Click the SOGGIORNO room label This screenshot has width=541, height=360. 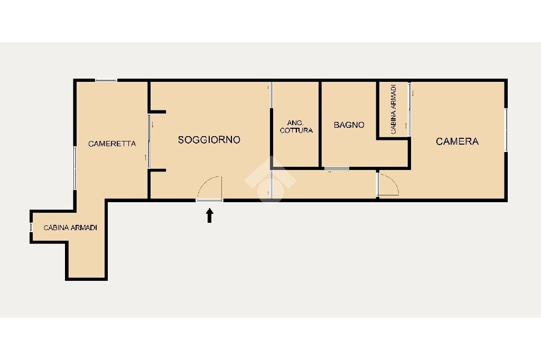(209, 140)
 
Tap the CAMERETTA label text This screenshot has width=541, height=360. (112, 144)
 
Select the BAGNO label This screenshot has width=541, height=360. (349, 125)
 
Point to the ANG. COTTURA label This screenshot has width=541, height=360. (296, 127)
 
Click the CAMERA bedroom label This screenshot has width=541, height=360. (457, 141)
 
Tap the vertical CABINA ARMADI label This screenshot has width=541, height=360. (394, 109)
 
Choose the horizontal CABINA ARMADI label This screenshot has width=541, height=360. (70, 228)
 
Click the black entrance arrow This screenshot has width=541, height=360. (209, 215)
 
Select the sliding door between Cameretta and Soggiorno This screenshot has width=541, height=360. (149, 141)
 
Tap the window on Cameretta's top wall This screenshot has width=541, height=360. (106, 80)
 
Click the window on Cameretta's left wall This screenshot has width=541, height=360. (74, 168)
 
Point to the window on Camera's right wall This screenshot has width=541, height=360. (506, 130)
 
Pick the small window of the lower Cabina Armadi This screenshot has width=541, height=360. (31, 227)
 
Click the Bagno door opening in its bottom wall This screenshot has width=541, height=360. (337, 168)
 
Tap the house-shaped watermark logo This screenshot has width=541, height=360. (270, 178)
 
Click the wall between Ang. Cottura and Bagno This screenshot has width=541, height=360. (320, 125)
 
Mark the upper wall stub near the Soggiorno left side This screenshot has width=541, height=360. (157, 112)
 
